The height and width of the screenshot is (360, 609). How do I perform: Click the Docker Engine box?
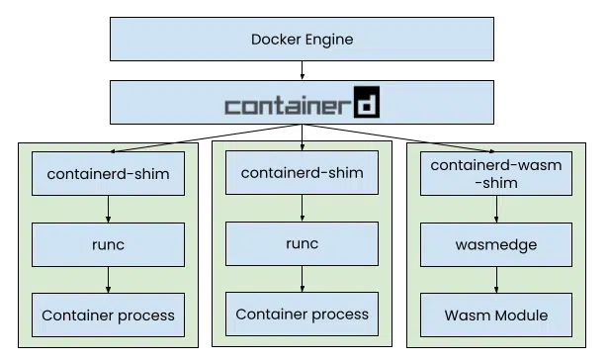(302, 41)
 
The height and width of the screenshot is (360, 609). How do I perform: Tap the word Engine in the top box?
(328, 41)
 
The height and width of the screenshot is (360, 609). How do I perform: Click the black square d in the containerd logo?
(367, 104)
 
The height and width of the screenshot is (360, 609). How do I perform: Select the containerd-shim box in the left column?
(108, 174)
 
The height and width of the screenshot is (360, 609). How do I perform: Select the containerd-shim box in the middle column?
(302, 174)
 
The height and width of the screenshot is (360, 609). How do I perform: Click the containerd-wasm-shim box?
(496, 174)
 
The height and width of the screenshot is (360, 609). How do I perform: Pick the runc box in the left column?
(108, 243)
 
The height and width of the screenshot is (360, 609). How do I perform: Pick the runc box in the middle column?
(302, 243)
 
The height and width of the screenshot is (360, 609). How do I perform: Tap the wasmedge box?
(496, 243)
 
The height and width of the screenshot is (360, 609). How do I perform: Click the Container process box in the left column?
(108, 315)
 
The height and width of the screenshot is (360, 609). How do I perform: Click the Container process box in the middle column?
(302, 315)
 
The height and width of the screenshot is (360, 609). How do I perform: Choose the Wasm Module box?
(496, 315)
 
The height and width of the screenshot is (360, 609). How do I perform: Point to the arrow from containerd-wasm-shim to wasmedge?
(496, 209)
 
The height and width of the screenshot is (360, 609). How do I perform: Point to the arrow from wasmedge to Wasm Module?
(496, 279)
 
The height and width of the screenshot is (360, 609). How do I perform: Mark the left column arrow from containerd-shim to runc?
(108, 209)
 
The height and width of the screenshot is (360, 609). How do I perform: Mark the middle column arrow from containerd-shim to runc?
(302, 209)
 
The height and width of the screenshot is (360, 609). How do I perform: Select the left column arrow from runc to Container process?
(108, 279)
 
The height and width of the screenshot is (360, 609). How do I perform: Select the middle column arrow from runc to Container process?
(302, 279)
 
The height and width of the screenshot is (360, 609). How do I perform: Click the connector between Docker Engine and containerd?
(302, 70)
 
